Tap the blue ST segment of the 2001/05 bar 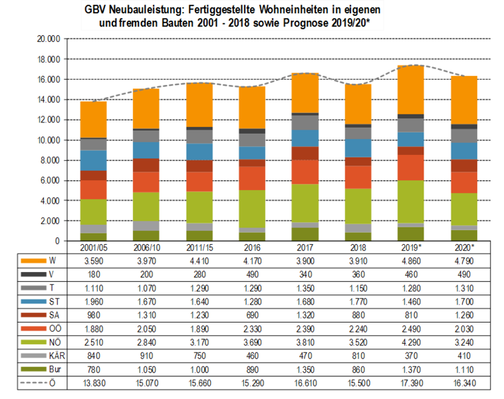point(93,160)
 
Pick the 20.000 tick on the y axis point(48,39)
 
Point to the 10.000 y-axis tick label point(48,140)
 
